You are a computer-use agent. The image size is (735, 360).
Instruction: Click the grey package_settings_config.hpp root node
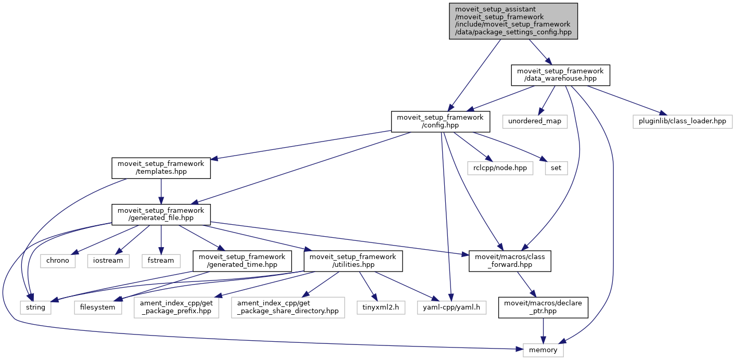513,21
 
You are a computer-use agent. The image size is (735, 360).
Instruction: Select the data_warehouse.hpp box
560,75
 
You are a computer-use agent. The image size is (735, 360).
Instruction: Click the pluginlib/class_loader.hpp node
682,121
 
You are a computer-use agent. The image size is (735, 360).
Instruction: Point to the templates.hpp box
161,168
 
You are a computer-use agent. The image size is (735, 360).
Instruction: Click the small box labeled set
556,168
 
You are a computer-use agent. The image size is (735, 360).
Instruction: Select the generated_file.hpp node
161,214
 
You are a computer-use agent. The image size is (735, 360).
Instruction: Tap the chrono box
58,260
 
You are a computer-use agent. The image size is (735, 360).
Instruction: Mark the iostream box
108,260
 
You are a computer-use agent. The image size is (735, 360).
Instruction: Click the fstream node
161,260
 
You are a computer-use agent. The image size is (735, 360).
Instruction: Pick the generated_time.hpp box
241,260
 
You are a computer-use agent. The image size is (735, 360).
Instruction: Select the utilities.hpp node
353,260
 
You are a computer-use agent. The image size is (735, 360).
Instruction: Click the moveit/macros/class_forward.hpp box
510,260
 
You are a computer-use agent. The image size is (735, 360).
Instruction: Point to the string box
36,307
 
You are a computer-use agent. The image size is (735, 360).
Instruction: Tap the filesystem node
98,307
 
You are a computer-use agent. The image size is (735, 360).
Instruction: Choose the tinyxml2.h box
381,307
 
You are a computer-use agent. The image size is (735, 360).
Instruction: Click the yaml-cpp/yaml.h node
452,307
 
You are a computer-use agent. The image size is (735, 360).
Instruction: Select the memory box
543,350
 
